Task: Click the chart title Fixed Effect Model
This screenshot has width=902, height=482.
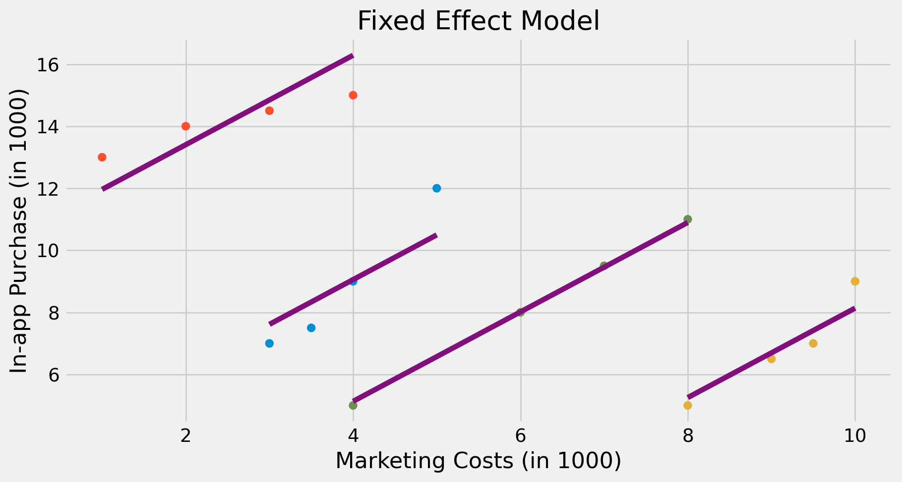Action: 479,21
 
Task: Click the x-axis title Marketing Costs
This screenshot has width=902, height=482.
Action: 479,461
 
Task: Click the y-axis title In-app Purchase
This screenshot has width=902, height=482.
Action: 18,232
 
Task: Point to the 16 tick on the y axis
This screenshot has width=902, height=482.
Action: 48,65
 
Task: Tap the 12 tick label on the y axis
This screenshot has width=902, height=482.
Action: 48,189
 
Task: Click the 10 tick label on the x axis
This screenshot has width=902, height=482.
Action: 854,436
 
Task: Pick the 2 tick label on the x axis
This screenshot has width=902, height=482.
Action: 186,436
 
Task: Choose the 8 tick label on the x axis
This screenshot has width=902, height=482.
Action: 688,436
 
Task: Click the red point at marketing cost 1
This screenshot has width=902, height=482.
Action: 102,157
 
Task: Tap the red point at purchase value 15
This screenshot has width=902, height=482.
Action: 353,95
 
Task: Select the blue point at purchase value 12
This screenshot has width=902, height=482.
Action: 436,188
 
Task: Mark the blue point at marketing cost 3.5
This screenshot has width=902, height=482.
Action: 311,327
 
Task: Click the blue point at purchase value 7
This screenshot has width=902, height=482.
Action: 269,343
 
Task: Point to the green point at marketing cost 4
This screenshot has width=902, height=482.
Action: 353,405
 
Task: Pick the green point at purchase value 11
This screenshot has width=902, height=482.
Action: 687,219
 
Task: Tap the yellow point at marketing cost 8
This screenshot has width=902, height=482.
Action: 688,405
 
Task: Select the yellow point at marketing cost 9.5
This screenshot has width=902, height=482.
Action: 813,343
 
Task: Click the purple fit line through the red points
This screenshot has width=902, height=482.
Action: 228,122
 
